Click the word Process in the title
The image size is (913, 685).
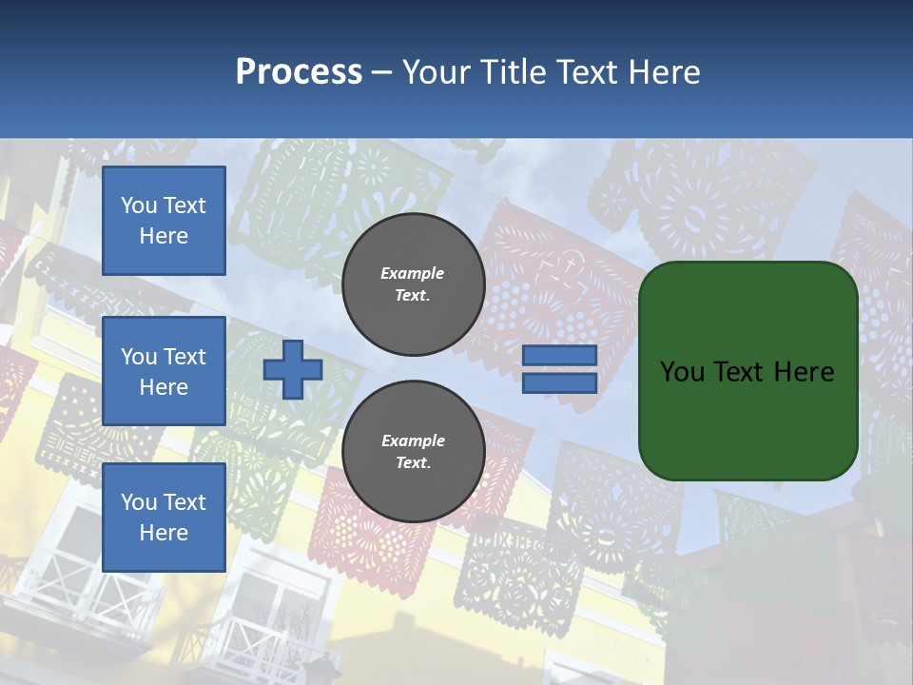[x=299, y=72]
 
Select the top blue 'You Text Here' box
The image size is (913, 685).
[x=164, y=221]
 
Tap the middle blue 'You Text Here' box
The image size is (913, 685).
[x=164, y=371]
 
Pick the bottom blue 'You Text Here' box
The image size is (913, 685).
[x=164, y=518]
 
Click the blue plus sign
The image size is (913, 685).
[x=292, y=369]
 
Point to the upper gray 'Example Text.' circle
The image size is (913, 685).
[x=413, y=284]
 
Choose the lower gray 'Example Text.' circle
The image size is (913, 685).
[x=413, y=452]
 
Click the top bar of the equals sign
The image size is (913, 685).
[x=559, y=356]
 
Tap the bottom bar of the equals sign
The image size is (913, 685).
[x=559, y=383]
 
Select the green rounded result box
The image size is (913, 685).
[x=748, y=370]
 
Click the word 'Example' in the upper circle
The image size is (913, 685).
[x=413, y=273]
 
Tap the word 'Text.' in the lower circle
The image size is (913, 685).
[x=413, y=463]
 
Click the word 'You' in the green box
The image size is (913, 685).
[x=682, y=372]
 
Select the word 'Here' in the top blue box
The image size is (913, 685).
[x=164, y=236]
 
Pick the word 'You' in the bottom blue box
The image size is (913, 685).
[x=139, y=502]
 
